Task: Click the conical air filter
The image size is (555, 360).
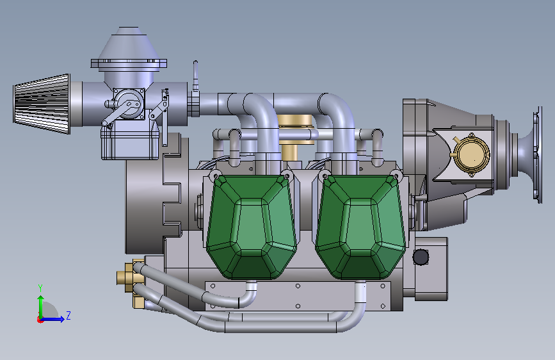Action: [x=42, y=104]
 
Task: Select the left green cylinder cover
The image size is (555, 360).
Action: [x=252, y=227]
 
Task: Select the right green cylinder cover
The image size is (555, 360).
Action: [x=360, y=227]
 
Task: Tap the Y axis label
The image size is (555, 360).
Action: [x=40, y=288]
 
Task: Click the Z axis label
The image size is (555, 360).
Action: [x=68, y=315]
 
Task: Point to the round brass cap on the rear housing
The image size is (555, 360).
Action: [x=471, y=155]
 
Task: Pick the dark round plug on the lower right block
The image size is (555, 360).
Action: [x=421, y=258]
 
